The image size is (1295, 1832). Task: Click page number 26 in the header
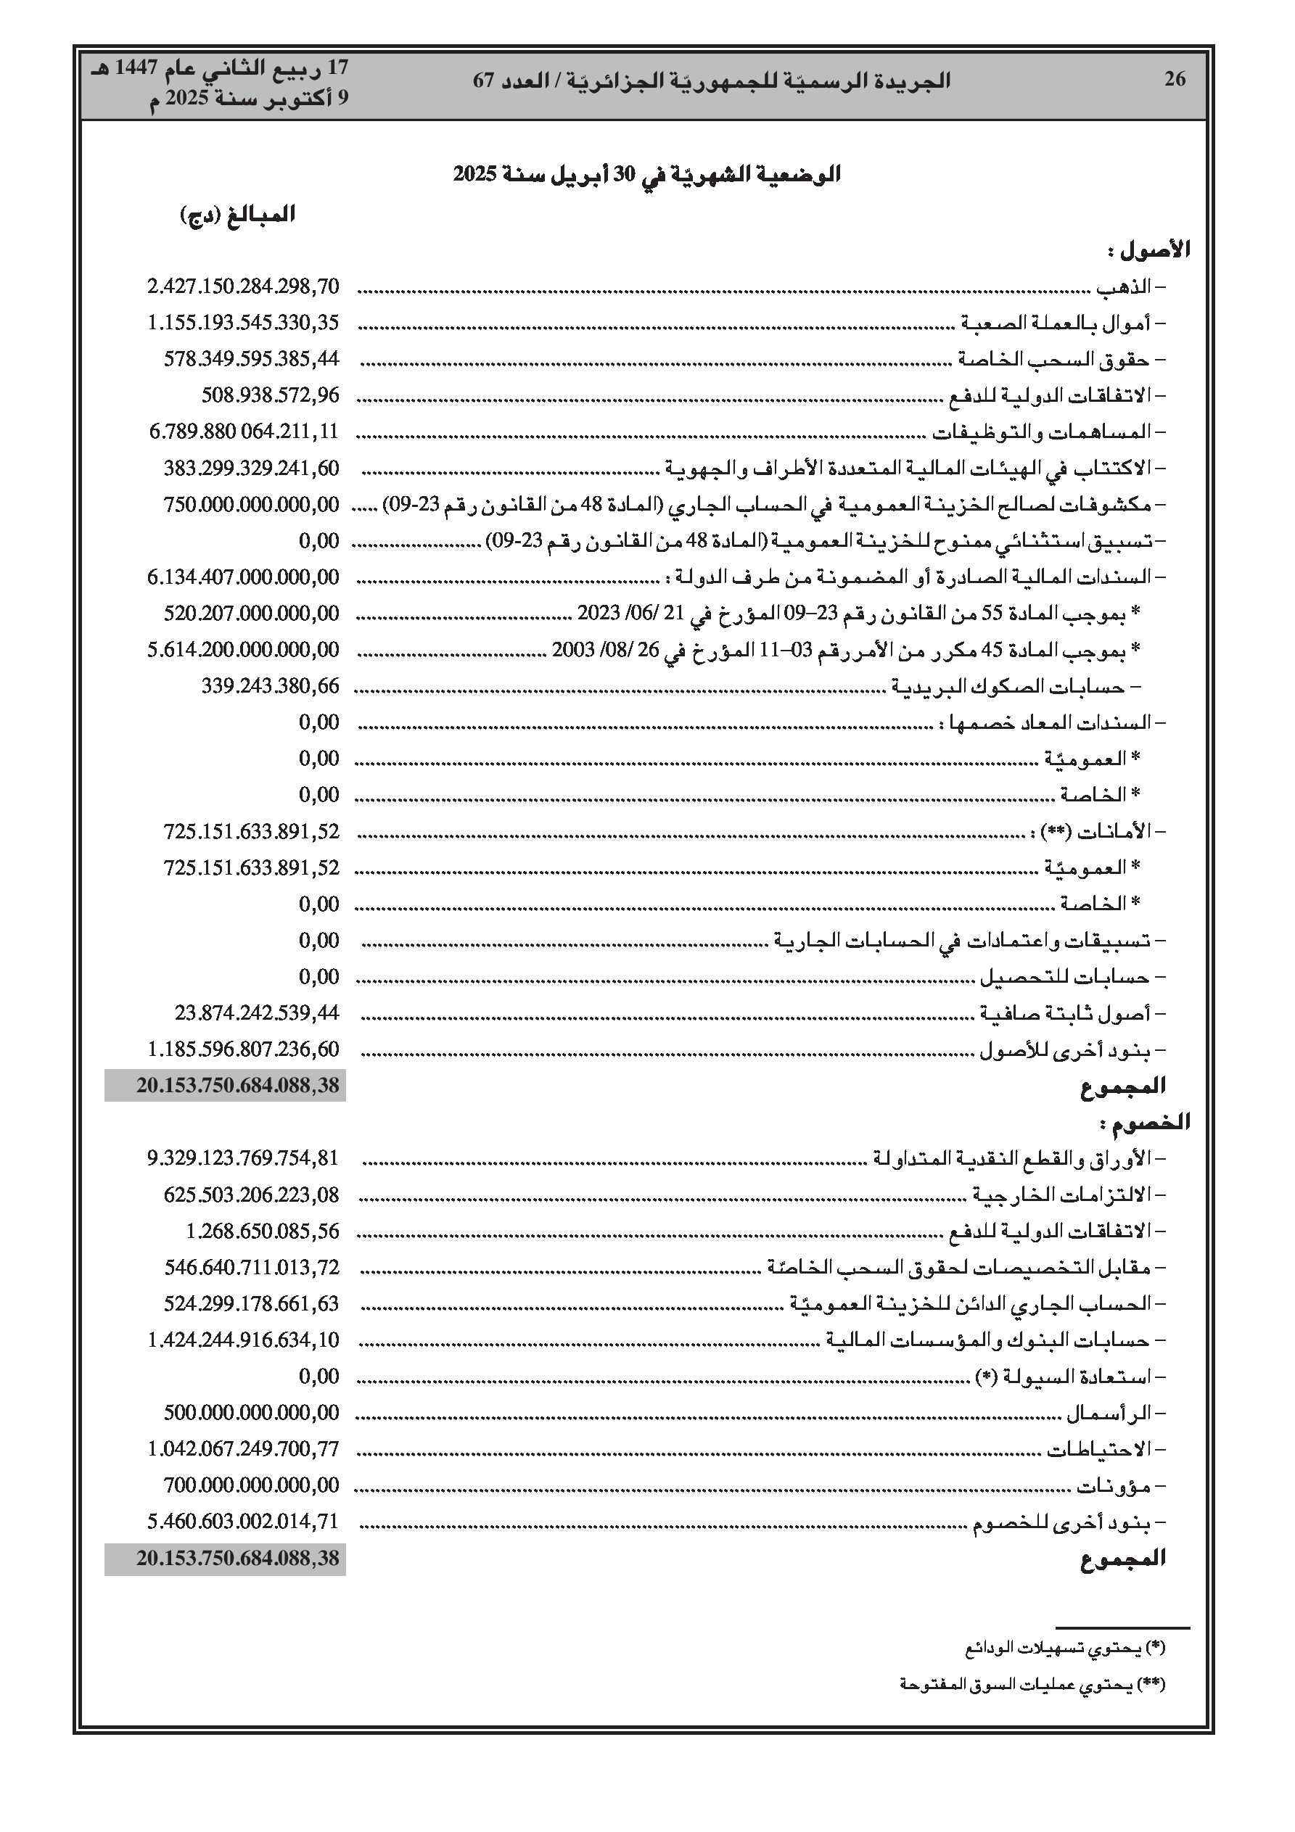coord(1175,79)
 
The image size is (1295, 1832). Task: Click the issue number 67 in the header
coord(485,81)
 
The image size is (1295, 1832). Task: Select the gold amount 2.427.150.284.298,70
coord(244,286)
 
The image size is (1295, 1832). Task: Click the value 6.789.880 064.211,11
coord(244,432)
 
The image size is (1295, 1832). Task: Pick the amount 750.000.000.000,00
coord(252,504)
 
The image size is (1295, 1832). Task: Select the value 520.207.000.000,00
coord(252,614)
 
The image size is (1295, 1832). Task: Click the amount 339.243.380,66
coord(270,686)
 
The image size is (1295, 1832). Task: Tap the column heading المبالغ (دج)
coord(238,215)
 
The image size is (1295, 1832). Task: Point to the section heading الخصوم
coord(1145,1123)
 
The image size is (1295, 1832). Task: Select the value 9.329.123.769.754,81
coord(244,1158)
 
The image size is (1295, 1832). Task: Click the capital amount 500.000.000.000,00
coord(252,1413)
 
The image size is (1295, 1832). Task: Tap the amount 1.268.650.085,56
coord(263,1231)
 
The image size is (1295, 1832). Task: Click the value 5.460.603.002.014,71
coord(244,1522)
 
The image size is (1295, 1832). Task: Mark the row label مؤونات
coord(1114,1487)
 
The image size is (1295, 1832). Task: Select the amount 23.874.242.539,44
coord(257,1013)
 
